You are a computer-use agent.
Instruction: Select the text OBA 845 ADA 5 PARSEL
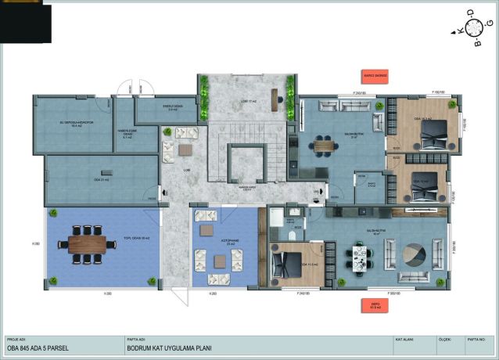35,350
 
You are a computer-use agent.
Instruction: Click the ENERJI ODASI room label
165,109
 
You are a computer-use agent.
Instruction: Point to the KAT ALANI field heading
405,340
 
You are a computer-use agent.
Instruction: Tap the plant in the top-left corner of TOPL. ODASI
52,212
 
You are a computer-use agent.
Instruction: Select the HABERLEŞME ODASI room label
127,132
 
